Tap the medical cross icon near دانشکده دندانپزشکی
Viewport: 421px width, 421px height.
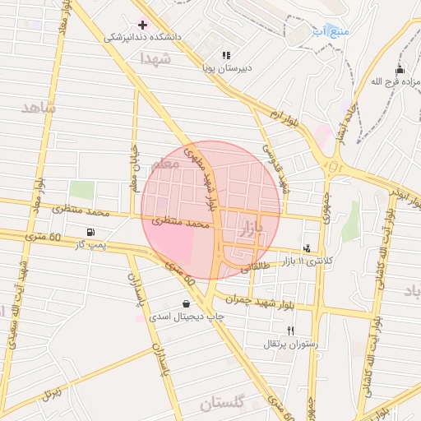click(142, 25)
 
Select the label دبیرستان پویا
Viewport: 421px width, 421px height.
click(226, 68)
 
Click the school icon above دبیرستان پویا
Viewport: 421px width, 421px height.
click(226, 55)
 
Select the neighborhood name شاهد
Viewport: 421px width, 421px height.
click(38, 108)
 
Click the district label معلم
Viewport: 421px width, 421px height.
click(165, 164)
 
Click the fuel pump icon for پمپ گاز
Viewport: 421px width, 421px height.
click(90, 232)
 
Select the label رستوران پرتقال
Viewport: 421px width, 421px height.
click(285, 343)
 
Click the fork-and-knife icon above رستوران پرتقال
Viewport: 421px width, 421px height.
click(290, 330)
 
